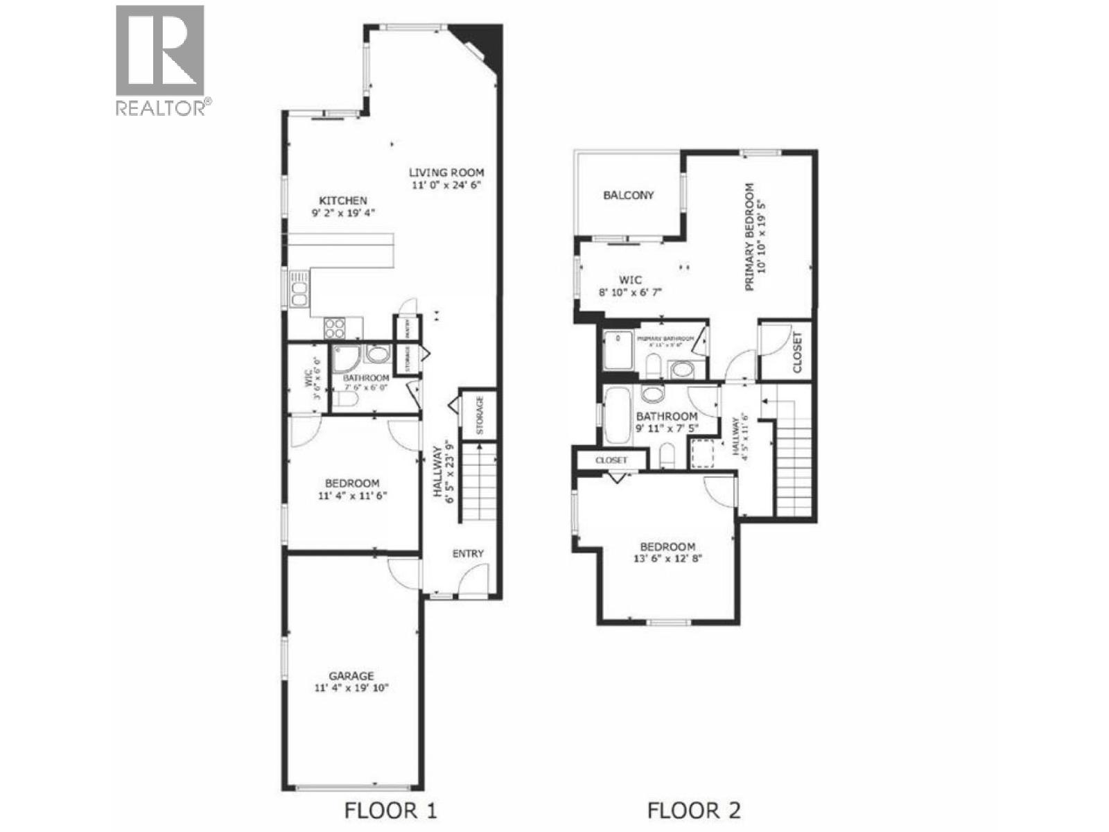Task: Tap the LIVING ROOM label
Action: coord(446,173)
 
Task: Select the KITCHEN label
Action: coord(343,200)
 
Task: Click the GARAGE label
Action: coord(351,676)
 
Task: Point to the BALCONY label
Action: coord(628,196)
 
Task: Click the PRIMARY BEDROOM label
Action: coord(749,236)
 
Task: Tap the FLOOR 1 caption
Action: coord(390,810)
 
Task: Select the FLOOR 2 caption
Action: coord(694,810)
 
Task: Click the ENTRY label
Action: coord(468,553)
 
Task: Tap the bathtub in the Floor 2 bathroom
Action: coord(615,416)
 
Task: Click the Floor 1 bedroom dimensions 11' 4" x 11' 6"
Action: coord(352,496)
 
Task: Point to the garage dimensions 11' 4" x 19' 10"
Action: coord(351,688)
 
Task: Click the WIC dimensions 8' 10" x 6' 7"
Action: coord(630,293)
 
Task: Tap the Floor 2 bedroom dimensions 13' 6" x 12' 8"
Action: coord(667,558)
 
